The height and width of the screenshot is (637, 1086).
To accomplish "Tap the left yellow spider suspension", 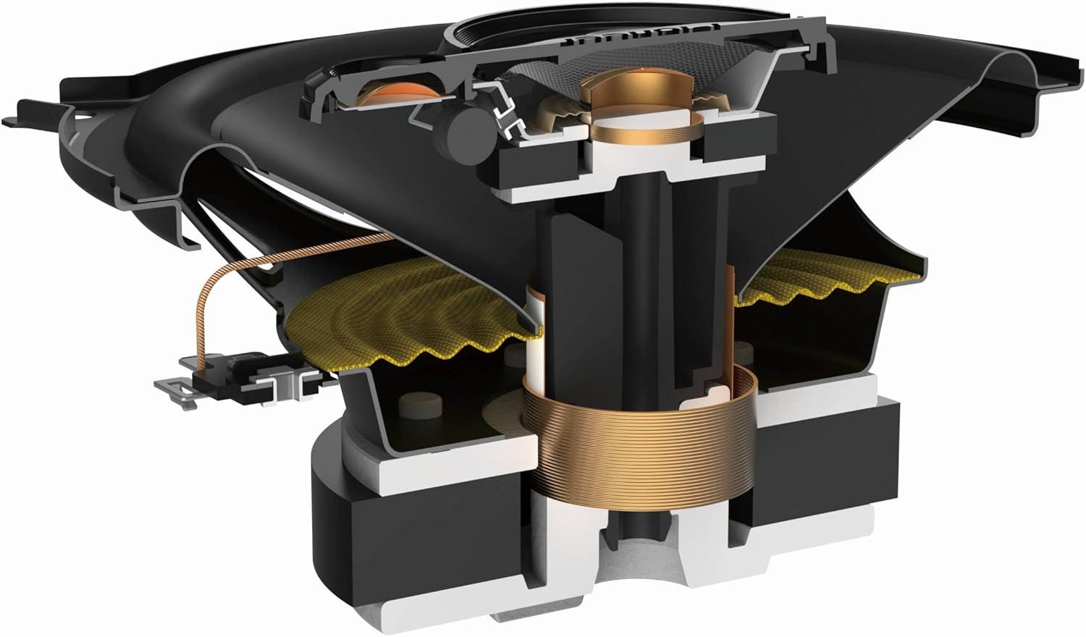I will [413, 318].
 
